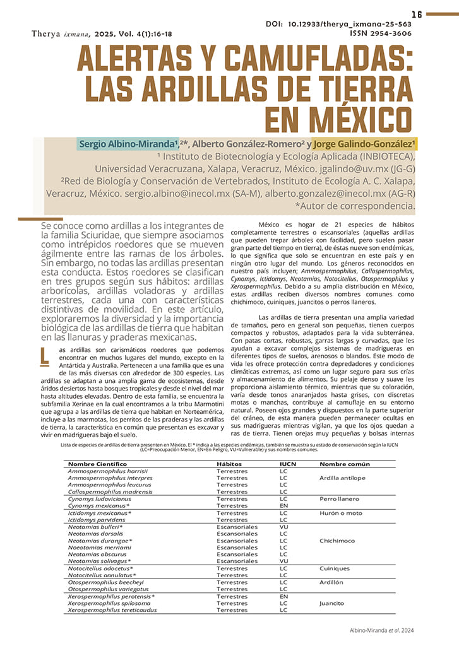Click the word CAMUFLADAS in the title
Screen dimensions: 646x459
point(296,62)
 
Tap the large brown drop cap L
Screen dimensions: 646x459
point(44,356)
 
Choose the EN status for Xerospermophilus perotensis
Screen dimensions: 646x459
point(283,596)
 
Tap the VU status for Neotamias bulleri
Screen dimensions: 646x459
point(283,526)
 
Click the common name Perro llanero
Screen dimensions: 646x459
point(339,498)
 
